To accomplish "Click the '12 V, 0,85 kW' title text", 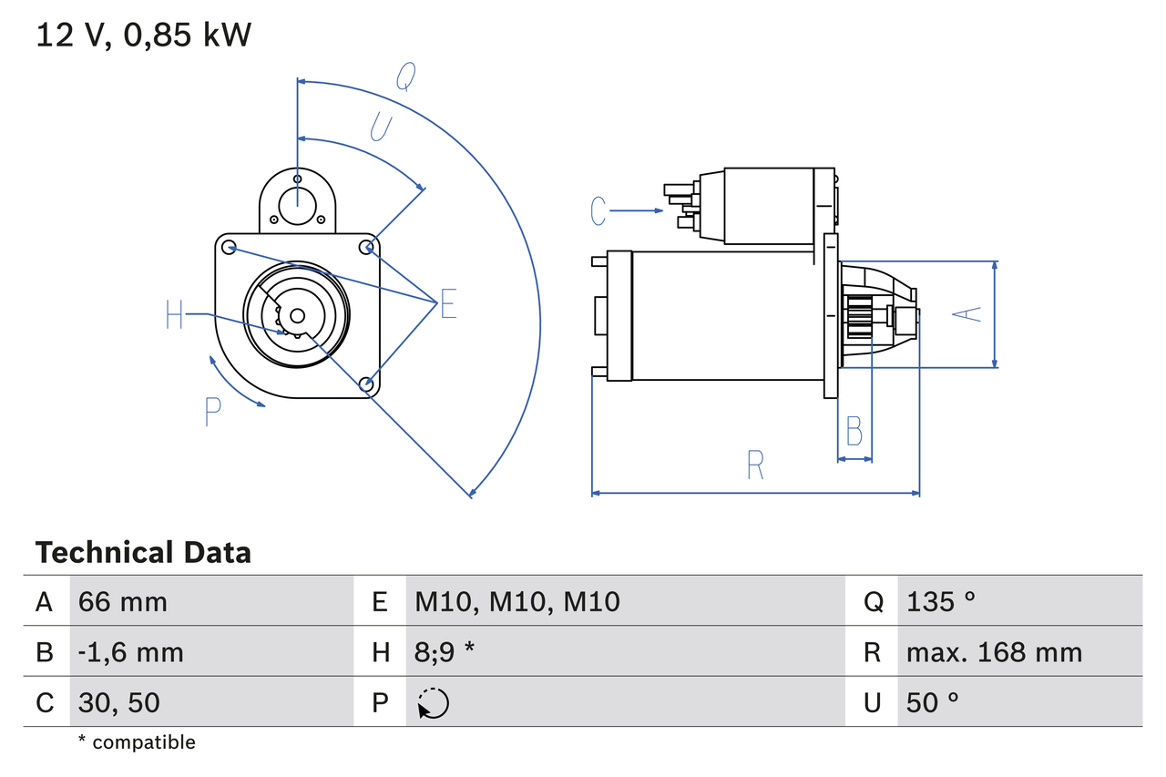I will click(143, 36).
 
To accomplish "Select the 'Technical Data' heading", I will click(143, 552).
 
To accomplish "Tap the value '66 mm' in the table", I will click(123, 601).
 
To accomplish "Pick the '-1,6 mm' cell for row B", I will click(131, 652).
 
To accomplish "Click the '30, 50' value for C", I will click(119, 702).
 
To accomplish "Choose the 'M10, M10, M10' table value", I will click(517, 601).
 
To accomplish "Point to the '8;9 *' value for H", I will click(445, 652).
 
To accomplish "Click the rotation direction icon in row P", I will click(433, 703).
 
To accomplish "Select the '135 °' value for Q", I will click(941, 601).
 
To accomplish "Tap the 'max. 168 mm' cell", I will click(994, 652).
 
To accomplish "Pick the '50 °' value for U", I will click(933, 702).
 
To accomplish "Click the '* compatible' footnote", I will click(137, 742).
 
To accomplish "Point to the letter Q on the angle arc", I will click(405, 79).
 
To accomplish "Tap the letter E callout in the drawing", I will click(448, 304).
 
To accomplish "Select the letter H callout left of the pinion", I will click(175, 315).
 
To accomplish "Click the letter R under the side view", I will click(755, 465).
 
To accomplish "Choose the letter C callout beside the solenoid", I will click(598, 211).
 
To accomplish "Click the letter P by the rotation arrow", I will click(212, 412).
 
